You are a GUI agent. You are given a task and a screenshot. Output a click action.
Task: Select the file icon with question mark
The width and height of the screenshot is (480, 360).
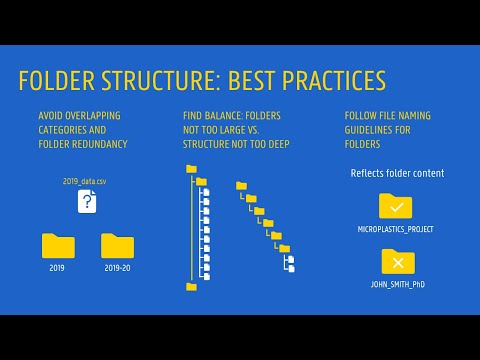(89, 203)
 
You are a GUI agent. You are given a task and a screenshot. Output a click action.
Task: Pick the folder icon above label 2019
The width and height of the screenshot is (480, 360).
(58, 246)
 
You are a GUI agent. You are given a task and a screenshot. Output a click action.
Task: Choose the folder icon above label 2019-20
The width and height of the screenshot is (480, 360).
(118, 246)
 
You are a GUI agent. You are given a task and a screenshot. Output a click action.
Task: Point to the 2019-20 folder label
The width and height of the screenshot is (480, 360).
(118, 268)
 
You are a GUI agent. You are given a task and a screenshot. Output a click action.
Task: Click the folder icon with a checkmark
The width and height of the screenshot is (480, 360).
(397, 207)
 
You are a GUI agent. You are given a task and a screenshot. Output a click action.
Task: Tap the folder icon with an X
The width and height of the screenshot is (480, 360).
(397, 262)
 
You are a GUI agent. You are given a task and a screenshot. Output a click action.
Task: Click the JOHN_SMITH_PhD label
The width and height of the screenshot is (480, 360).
(397, 285)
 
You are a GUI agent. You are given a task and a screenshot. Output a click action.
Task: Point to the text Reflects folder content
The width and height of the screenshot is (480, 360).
(397, 173)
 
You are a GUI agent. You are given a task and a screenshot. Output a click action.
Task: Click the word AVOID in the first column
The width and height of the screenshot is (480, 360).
(51, 116)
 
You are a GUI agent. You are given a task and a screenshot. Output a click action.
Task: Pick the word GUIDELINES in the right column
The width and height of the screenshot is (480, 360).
(375, 129)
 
